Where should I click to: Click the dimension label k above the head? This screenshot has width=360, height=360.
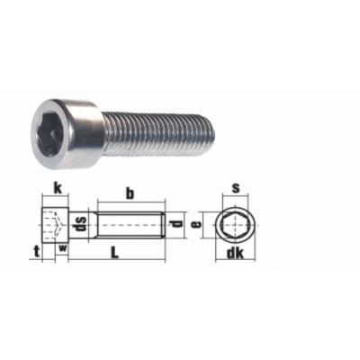click(58, 188)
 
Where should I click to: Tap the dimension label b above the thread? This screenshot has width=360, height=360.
click(130, 193)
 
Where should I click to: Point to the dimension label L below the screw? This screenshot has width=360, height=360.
click(114, 252)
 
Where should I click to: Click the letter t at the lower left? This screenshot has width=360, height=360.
click(37, 252)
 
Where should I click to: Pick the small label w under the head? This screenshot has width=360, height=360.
click(63, 247)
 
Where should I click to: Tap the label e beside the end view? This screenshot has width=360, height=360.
click(196, 224)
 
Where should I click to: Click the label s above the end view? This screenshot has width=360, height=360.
click(236, 188)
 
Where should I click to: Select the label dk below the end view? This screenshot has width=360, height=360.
click(235, 253)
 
